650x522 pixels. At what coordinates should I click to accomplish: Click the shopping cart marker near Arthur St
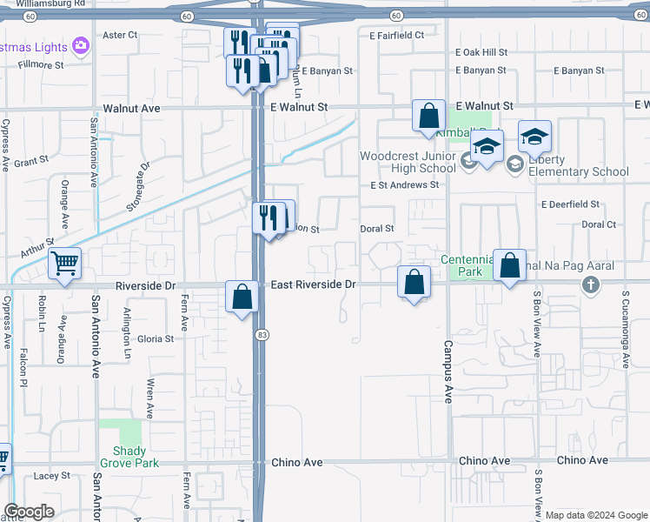pyautogui.click(x=65, y=263)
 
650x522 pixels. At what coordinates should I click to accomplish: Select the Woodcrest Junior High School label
pyautogui.click(x=408, y=163)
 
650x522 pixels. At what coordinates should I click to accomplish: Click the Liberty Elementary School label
pyautogui.click(x=579, y=165)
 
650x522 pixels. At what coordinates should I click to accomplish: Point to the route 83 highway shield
pyautogui.click(x=261, y=334)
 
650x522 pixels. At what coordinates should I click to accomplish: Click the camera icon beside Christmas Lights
pyautogui.click(x=81, y=44)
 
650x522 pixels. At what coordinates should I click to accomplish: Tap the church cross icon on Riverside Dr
pyautogui.click(x=591, y=284)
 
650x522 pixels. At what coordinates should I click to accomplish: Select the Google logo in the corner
pyautogui.click(x=30, y=512)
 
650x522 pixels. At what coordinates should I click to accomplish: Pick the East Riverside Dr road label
pyautogui.click(x=313, y=284)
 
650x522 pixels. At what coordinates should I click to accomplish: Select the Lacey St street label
pyautogui.click(x=51, y=476)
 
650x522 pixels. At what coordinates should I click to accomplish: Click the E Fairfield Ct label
pyautogui.click(x=395, y=36)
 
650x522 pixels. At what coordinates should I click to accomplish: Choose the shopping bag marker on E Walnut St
pyautogui.click(x=428, y=116)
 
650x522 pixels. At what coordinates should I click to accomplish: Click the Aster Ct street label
pyautogui.click(x=121, y=35)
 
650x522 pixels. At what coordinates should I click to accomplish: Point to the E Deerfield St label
pyautogui.click(x=570, y=204)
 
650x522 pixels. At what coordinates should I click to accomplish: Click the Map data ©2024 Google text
pyautogui.click(x=596, y=515)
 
